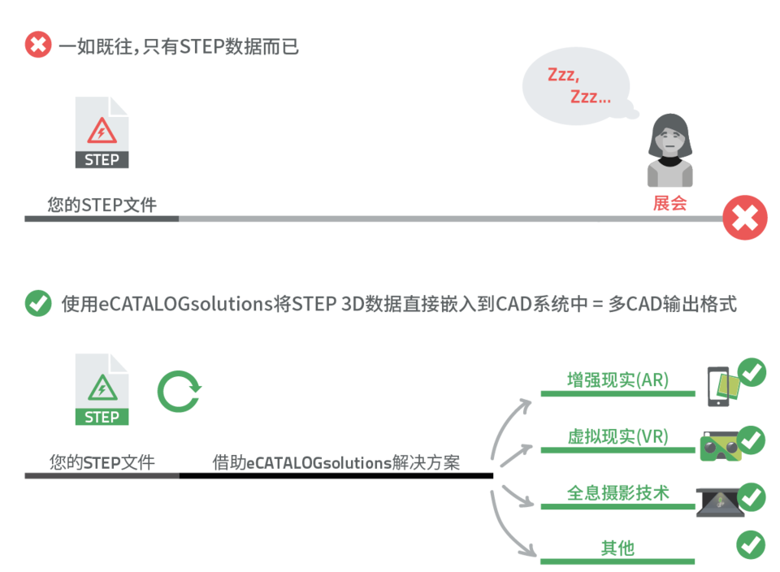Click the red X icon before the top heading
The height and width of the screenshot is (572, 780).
[38, 44]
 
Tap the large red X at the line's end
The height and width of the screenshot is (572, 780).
[744, 218]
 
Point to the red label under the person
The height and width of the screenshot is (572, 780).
[669, 203]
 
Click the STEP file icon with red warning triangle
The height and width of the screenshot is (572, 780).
[102, 132]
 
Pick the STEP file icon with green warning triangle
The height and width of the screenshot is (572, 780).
[102, 389]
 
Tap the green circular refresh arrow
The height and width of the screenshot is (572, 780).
[179, 391]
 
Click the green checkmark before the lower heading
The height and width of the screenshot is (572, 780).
[38, 303]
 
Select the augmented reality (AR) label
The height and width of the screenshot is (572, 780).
[617, 379]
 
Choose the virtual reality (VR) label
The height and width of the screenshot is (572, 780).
[617, 436]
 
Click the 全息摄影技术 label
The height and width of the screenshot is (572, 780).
[617, 492]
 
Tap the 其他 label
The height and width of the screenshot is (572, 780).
[617, 548]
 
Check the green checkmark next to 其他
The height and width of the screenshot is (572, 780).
[751, 544]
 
